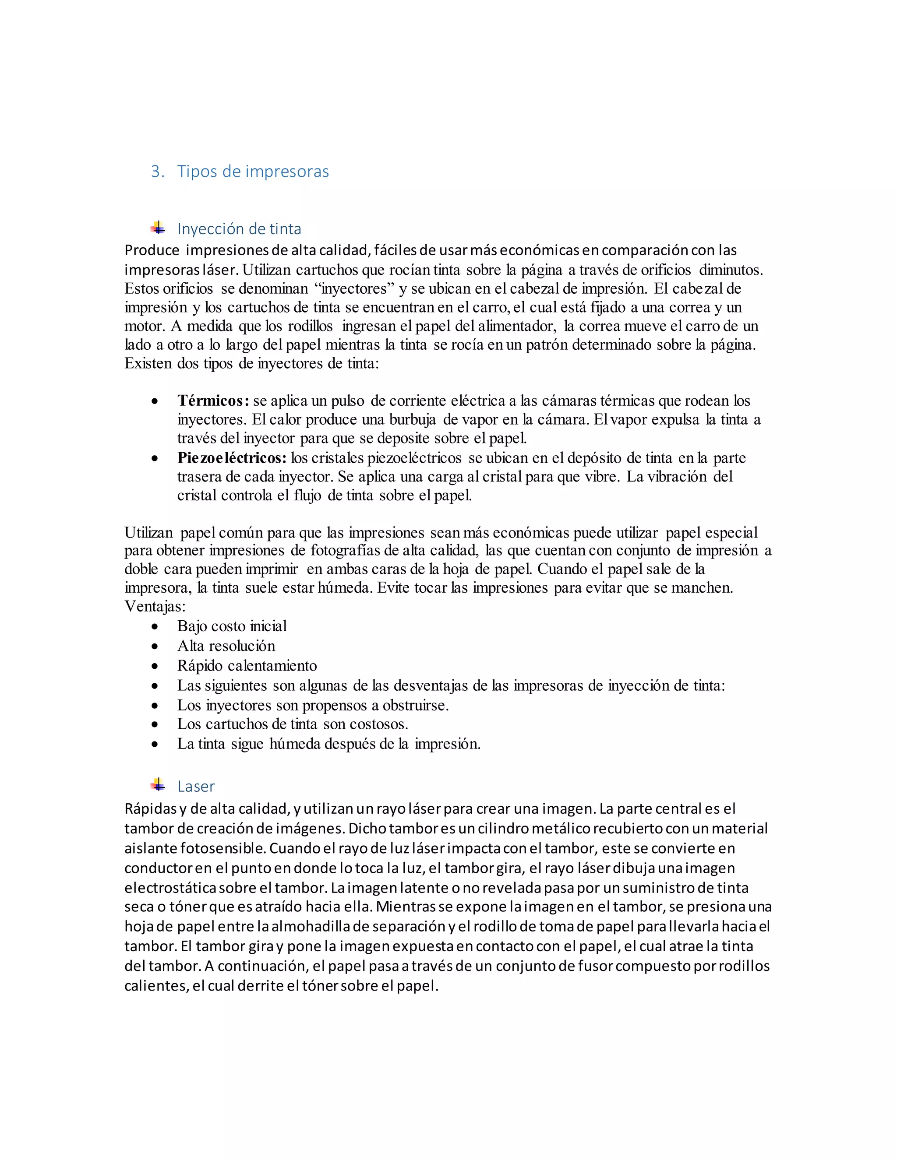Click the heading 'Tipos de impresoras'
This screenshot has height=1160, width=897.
pos(253,172)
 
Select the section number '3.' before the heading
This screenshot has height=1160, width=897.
pos(157,172)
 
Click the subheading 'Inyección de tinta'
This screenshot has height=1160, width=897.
pos(239,229)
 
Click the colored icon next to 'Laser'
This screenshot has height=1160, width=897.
pos(158,785)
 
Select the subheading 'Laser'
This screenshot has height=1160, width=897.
pos(196,786)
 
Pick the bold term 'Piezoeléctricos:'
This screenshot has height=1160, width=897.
pos(232,458)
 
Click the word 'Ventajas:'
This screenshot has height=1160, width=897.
pos(155,606)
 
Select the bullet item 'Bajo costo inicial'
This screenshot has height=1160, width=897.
pos(232,626)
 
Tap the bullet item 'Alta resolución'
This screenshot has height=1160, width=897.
pos(226,646)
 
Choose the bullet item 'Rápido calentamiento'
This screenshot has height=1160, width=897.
pos(247,665)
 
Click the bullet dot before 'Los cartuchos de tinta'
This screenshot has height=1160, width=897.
pos(155,724)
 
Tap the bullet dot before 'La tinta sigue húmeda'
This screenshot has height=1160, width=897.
pos(155,745)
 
